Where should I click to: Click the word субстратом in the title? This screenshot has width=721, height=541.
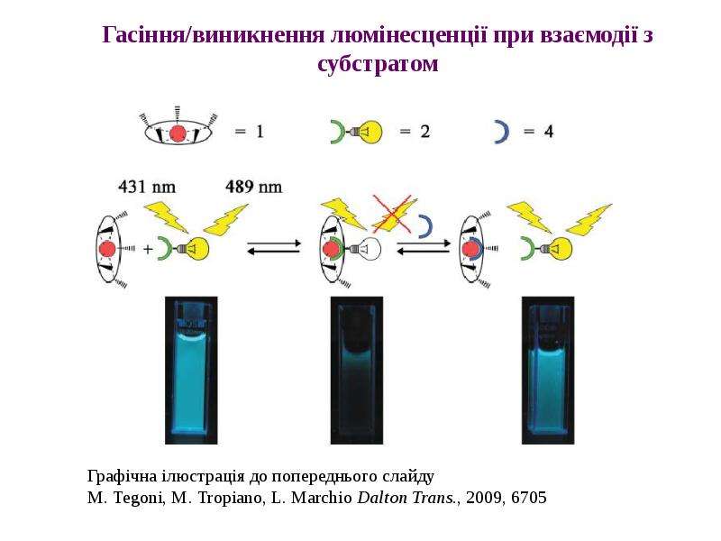tap(378, 63)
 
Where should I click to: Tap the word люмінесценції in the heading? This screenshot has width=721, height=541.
tap(408, 35)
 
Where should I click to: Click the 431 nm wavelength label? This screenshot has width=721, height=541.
tap(147, 187)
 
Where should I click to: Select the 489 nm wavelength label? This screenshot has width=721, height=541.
tap(254, 187)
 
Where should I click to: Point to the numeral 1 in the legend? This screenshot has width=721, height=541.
tap(260, 132)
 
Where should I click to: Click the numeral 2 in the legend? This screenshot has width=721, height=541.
tap(424, 132)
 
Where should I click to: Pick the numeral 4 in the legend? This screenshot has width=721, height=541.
tap(549, 132)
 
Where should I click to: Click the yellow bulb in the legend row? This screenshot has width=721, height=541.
tap(367, 132)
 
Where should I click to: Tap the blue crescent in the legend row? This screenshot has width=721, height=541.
tap(502, 132)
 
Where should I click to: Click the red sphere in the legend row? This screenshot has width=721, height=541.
tap(178, 133)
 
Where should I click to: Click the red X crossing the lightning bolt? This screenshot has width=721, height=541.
tap(392, 213)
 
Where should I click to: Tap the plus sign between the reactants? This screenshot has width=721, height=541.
tap(147, 250)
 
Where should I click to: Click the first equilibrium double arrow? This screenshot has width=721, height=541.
tap(274, 247)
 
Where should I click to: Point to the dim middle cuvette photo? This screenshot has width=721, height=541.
tap(356, 371)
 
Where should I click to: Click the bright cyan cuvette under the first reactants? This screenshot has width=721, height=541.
tap(191, 371)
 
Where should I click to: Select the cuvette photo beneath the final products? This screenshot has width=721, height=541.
tap(548, 371)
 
